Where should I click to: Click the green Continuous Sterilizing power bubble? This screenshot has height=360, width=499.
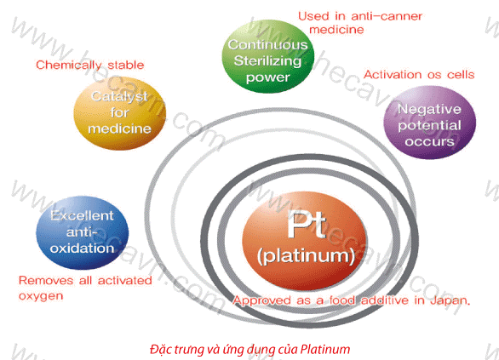click(268, 57)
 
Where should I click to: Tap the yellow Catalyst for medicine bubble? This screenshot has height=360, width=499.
click(120, 113)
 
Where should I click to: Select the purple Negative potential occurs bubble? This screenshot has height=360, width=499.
click(430, 123)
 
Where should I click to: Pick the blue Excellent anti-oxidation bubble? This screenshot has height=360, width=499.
click(82, 233)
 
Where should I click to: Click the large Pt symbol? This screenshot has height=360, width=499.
click(307, 224)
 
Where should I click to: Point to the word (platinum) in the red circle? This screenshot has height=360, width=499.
click(306, 255)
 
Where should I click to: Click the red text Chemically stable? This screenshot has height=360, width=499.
click(90, 66)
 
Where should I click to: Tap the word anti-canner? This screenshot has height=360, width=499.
click(387, 16)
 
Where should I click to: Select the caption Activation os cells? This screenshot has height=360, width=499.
click(419, 75)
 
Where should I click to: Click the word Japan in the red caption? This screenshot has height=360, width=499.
click(450, 300)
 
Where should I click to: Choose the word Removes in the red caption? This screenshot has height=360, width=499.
click(46, 281)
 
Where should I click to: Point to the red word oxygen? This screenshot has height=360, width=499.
click(41, 296)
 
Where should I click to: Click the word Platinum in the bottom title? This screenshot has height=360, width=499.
click(325, 349)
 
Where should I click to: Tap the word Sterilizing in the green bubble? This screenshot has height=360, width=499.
click(267, 60)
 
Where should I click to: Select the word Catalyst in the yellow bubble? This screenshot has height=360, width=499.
click(119, 97)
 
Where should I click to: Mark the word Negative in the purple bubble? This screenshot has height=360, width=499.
click(430, 110)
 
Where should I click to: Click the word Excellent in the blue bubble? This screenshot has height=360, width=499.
click(82, 215)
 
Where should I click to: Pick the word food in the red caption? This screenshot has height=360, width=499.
click(342, 300)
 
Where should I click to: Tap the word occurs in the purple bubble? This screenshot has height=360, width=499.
click(430, 141)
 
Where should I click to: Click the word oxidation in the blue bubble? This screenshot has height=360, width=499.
click(82, 248)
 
